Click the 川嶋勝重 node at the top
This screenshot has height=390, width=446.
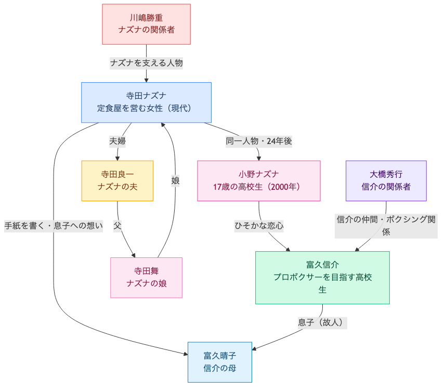(x=146, y=24)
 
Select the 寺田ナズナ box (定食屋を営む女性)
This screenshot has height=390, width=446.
(x=146, y=102)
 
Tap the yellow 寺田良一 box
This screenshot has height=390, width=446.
(x=117, y=180)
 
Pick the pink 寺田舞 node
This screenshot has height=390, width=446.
(x=146, y=278)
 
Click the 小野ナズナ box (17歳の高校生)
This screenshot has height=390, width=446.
(x=259, y=180)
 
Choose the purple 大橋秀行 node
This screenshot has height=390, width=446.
(x=386, y=180)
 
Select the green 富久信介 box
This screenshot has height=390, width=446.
(x=322, y=278)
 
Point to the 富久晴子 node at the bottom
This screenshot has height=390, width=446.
(x=219, y=362)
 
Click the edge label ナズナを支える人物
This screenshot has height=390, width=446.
(x=146, y=63)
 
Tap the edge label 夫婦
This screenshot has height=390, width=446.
(x=117, y=141)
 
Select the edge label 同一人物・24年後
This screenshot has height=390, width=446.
(x=259, y=141)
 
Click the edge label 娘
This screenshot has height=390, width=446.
(x=175, y=180)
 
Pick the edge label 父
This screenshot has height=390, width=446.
(x=117, y=226)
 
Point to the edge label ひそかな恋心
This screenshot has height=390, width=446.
(x=259, y=226)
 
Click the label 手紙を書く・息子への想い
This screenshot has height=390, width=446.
(x=54, y=226)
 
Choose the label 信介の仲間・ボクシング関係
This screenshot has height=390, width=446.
(x=386, y=226)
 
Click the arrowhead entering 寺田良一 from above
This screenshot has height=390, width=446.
(x=117, y=158)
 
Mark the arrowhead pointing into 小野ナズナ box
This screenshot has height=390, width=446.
(x=259, y=158)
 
